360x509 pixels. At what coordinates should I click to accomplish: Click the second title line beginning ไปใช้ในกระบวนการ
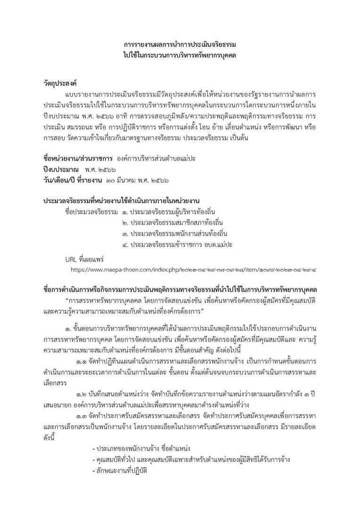point(180,55)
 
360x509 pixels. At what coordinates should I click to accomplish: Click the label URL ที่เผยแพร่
point(85,260)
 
